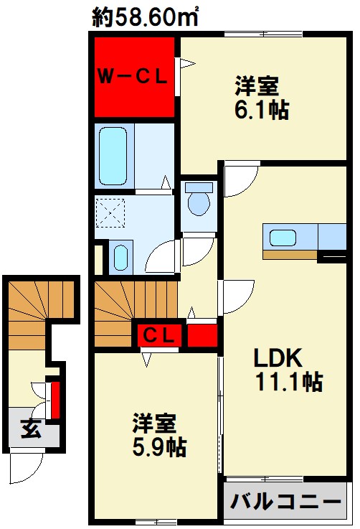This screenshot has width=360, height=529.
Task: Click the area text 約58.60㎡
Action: coord(145,17)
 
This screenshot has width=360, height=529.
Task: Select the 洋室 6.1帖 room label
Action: coord(262,98)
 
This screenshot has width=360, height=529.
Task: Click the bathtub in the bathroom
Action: coord(113,156)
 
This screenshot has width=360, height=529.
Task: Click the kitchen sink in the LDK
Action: coord(283,238)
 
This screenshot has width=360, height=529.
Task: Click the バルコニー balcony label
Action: coord(286,502)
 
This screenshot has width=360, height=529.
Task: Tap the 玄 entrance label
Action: coord(32,429)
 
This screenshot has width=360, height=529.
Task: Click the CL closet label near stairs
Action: coord(158,335)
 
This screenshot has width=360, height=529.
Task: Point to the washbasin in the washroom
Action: coord(120,258)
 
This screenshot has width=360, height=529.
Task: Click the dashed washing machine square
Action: coord(110,213)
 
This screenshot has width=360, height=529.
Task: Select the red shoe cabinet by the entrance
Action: coord(55,400)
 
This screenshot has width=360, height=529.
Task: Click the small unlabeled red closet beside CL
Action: coord(202,335)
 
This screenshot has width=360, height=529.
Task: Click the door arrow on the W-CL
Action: coord(188,63)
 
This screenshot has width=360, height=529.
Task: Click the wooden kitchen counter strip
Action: coord(290,255)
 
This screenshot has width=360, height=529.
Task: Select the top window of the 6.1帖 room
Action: coord(263,34)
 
